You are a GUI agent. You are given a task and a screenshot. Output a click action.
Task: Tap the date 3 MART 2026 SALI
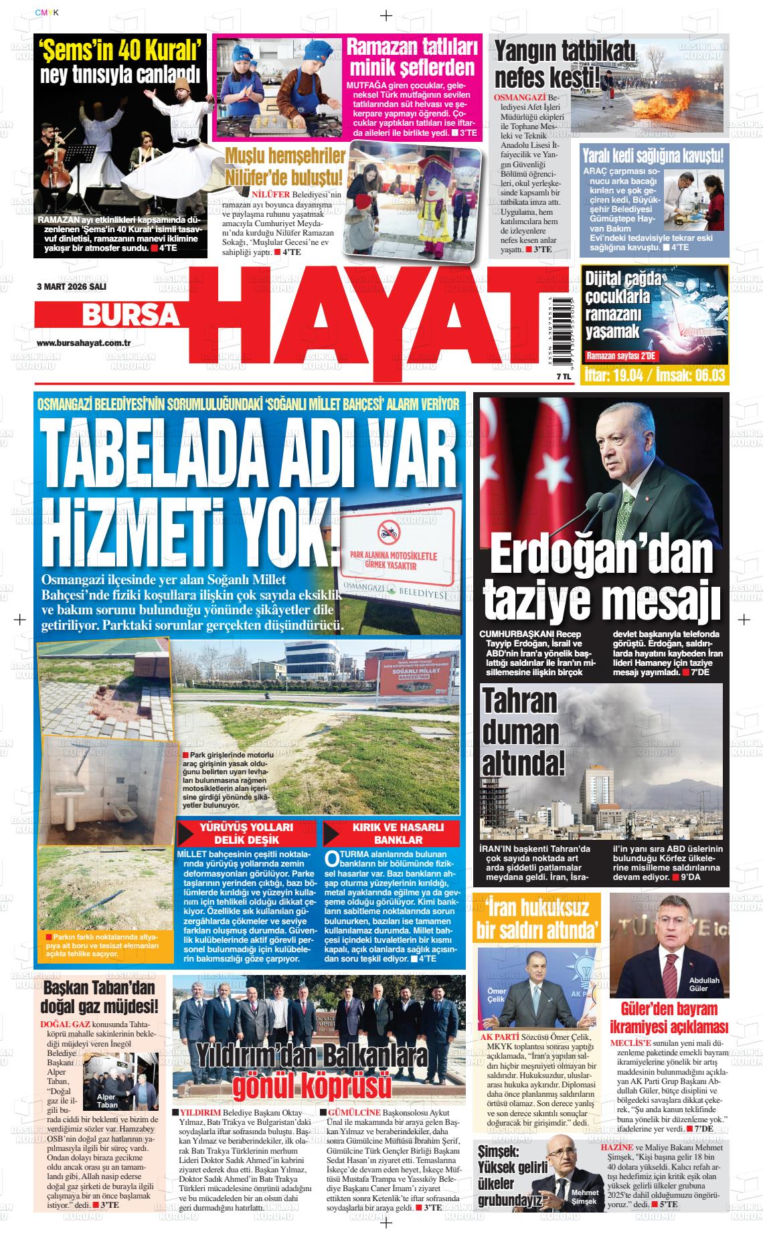pos(72,286)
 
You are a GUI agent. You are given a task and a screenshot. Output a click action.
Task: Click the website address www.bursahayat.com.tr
pos(83,343)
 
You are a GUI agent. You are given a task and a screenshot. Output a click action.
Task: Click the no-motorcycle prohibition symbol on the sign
pos(388,533)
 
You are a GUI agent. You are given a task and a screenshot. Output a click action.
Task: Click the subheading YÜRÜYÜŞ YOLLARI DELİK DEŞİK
pos(247,834)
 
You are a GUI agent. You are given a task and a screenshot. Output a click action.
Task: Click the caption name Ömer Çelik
pos(496,995)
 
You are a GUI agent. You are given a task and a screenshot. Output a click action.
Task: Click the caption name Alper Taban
pos(107,1101)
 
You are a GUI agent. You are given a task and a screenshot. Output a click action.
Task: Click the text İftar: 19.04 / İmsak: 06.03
pos(646,375)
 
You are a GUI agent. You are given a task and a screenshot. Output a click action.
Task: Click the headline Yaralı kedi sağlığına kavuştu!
pos(652,157)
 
